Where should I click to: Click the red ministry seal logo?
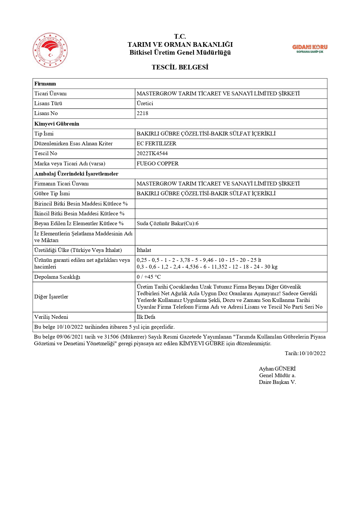pos(50,50)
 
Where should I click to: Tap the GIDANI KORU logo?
pos(309,49)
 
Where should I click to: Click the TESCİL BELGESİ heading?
pos(180,67)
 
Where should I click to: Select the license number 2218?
pos(143,113)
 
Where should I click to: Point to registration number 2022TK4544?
pos(152,153)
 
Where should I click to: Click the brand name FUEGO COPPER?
pos(158,164)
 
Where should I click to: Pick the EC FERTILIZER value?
pos(156,144)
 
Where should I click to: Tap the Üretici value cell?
pos(145,103)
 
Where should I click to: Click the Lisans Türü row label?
pos(48,103)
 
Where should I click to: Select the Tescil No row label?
pos(46,153)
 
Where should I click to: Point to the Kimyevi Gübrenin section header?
pos(57,124)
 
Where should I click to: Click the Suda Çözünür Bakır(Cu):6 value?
pos(168,223)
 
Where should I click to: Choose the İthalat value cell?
pos(144,250)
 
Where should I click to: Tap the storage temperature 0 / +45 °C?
pos(149,277)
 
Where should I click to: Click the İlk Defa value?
pos(146,317)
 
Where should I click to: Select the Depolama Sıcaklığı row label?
pos(57,277)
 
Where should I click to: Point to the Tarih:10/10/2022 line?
pos(305,353)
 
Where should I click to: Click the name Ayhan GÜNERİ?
pos(277,369)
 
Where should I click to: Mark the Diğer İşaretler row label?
pos(51,297)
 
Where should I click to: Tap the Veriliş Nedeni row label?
pos(51,317)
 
